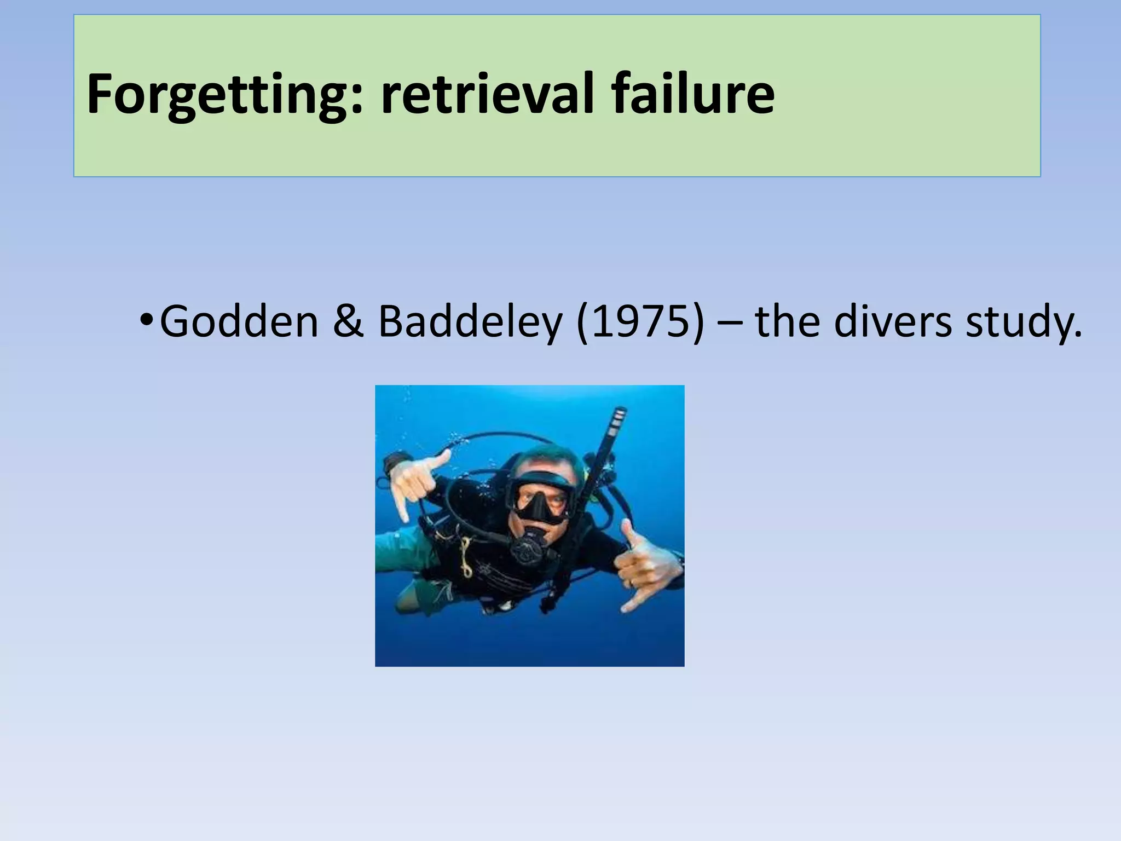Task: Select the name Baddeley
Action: [470, 322]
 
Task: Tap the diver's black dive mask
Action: [539, 496]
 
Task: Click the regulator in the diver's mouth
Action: [528, 548]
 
